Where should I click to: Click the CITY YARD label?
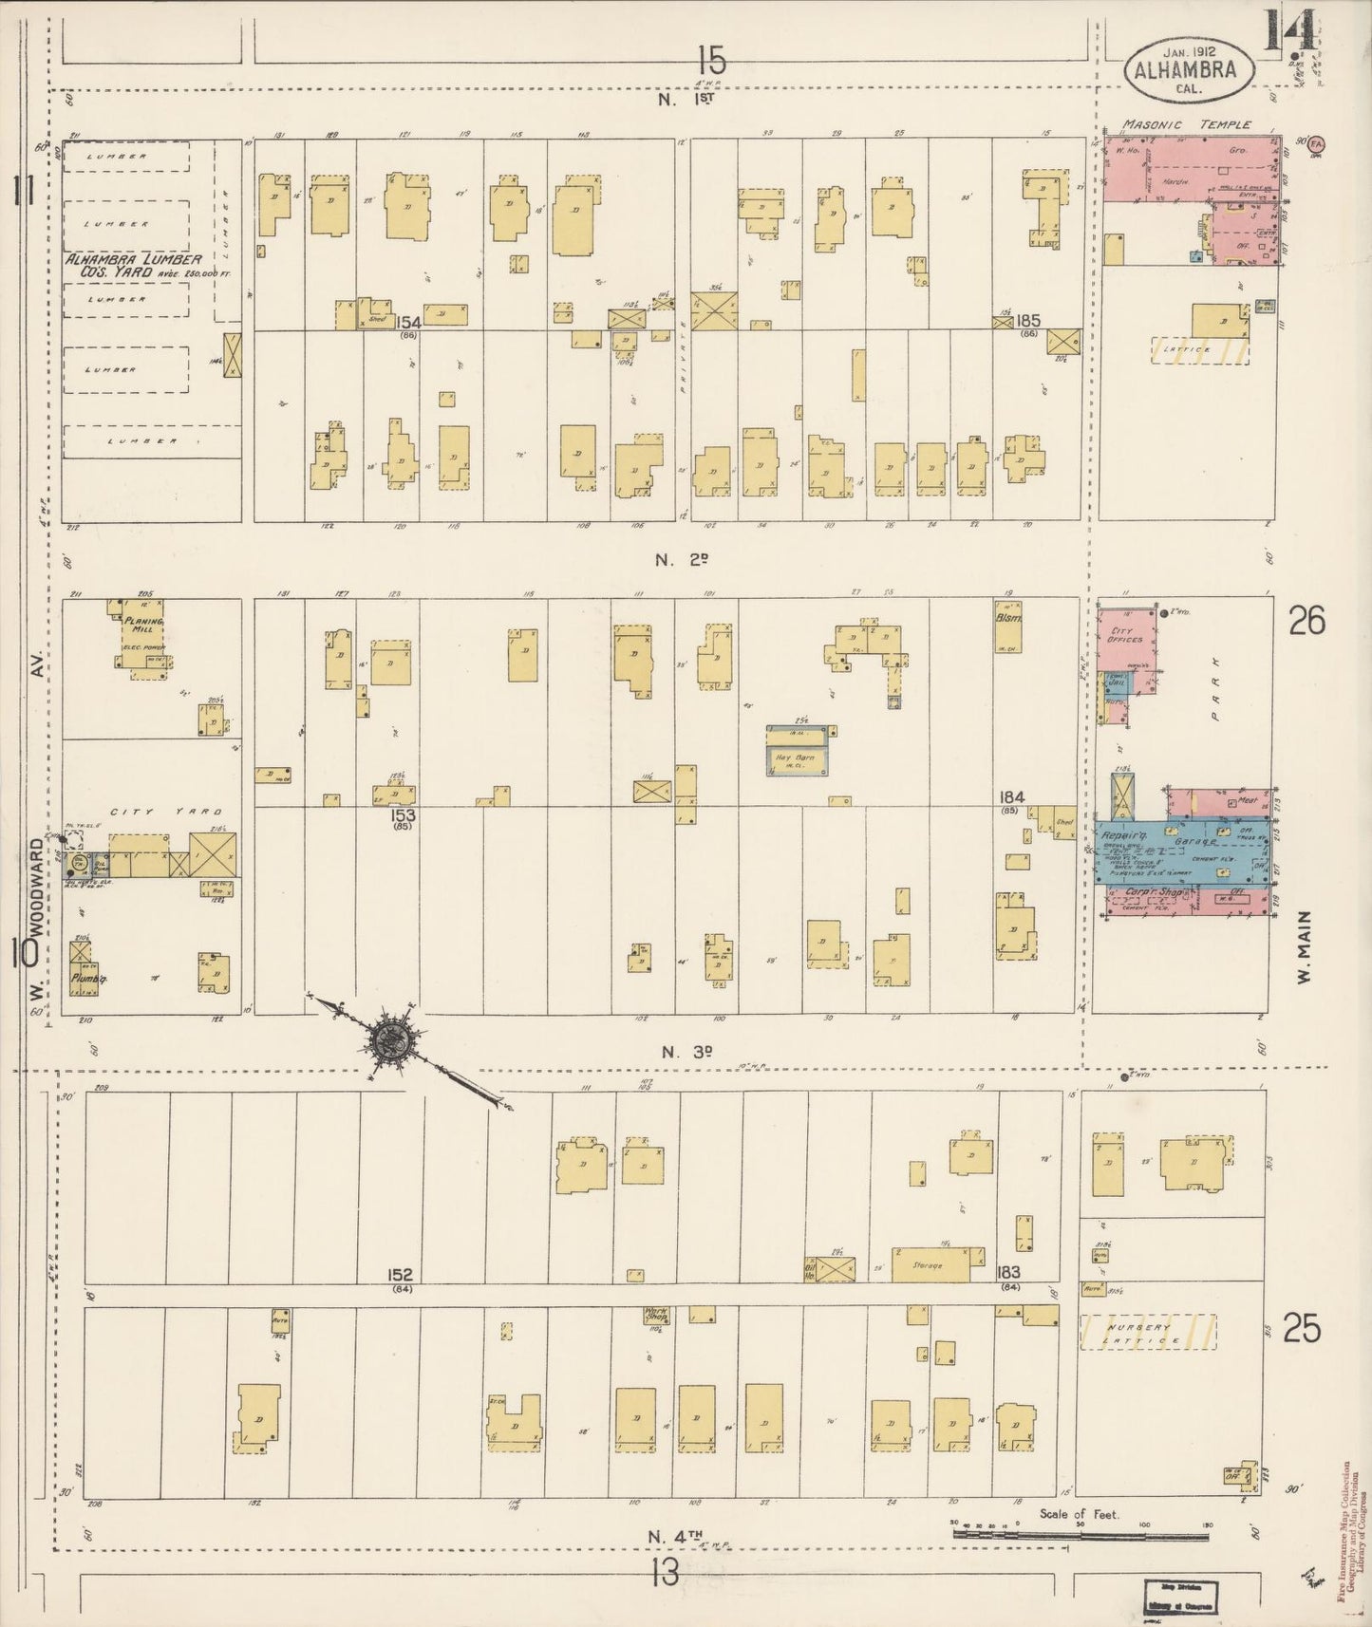(165, 812)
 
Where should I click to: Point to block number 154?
(409, 323)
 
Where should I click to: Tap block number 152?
(400, 1274)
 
